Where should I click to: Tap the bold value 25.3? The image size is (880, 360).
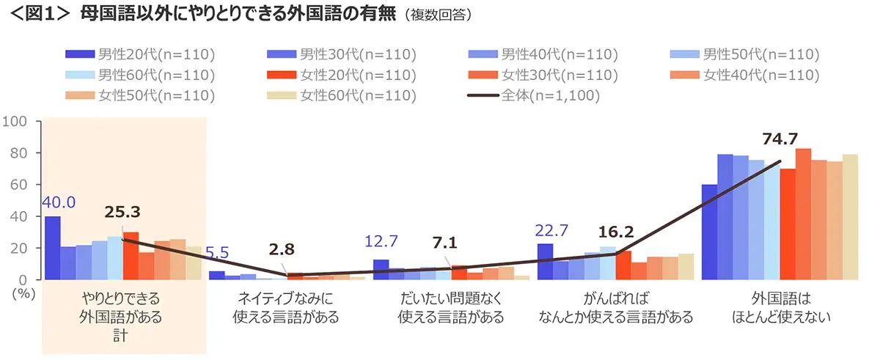(x=122, y=213)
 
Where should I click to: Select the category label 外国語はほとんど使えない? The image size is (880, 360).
(x=780, y=309)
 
